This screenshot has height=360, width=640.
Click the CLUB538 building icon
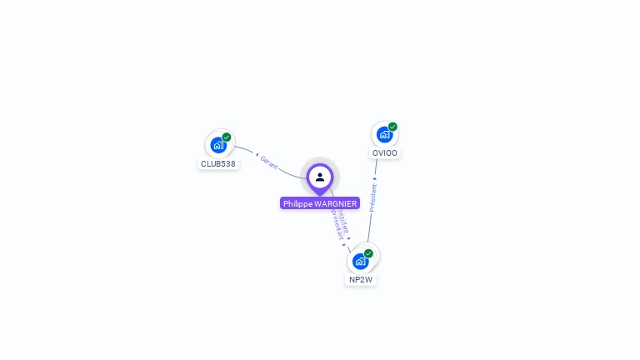tap(218, 145)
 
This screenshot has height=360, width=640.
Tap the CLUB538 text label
tap(218, 164)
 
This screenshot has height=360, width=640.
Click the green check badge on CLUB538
tap(227, 137)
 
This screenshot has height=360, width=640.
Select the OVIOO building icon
tap(384, 134)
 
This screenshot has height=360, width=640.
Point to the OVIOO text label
tap(385, 153)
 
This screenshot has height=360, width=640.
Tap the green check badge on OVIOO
tap(392, 127)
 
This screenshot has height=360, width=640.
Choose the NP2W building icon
tap(360, 261)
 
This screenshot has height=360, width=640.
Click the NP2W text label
tap(361, 280)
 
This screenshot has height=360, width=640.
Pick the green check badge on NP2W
tap(368, 253)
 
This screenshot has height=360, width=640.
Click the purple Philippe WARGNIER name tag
tap(320, 203)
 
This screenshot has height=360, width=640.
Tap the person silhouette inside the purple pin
tap(320, 177)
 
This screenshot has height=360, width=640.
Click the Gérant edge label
tap(269, 162)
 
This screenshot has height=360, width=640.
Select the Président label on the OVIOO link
tap(372, 198)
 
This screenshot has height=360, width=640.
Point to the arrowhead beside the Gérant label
tap(257, 155)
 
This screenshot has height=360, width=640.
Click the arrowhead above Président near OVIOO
tap(375, 178)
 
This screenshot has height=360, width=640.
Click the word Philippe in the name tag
tap(297, 203)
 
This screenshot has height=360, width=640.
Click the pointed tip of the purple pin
tap(320, 195)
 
